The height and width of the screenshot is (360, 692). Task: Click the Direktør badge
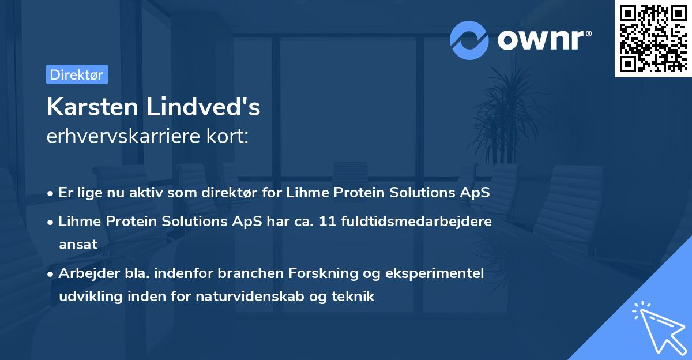pos(77,74)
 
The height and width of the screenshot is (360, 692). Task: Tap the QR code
pos(653,39)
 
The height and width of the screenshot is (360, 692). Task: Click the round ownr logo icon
pos(469,40)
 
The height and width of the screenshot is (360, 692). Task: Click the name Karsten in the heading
pos(92,107)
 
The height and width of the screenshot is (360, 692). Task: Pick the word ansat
pos(78,245)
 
